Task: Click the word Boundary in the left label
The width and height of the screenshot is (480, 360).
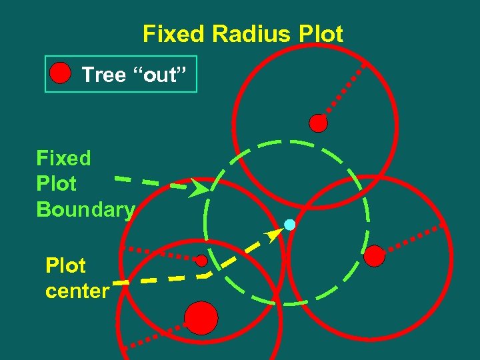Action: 85,209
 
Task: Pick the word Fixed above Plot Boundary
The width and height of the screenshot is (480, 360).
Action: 63,158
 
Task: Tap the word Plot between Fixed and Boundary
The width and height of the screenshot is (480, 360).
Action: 57,183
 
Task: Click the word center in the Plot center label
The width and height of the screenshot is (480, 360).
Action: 77,291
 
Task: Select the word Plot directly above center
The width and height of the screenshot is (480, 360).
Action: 65,266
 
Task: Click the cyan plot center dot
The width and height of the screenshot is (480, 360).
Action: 289,225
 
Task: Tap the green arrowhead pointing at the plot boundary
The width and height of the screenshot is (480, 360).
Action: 199,189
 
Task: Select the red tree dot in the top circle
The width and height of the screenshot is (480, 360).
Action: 319,123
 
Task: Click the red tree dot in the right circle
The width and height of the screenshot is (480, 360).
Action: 375,255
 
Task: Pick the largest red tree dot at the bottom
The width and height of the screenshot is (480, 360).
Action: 201,317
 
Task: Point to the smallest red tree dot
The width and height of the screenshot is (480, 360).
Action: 201,260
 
